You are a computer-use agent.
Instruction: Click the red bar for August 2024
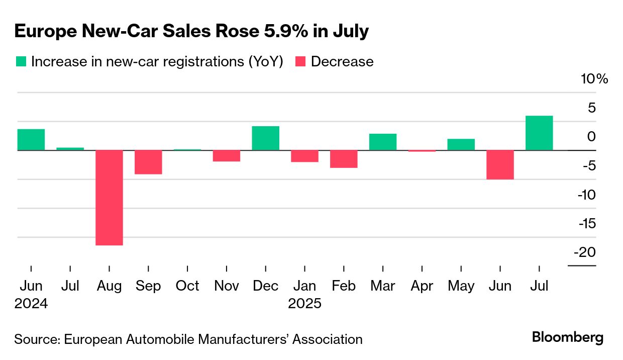(x=109, y=198)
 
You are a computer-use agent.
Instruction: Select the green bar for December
(x=265, y=138)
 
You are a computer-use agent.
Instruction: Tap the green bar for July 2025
(x=539, y=133)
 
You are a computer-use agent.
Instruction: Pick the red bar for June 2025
(x=500, y=164)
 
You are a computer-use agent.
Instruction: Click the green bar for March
(x=383, y=142)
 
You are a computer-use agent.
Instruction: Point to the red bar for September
(x=148, y=162)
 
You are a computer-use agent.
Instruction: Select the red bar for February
(x=344, y=159)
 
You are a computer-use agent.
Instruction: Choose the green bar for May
(x=461, y=144)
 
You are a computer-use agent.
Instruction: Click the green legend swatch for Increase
(x=21, y=61)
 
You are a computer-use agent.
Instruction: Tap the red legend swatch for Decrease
(x=300, y=61)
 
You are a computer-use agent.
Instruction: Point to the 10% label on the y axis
(x=595, y=79)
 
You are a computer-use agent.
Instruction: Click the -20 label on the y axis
(x=584, y=252)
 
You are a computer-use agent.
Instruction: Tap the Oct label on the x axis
(x=187, y=286)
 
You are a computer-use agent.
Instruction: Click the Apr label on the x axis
(x=422, y=286)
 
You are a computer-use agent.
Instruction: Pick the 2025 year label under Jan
(x=304, y=304)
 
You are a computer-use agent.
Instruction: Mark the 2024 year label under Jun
(x=31, y=304)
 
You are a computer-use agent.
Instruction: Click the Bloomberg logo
(x=568, y=337)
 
